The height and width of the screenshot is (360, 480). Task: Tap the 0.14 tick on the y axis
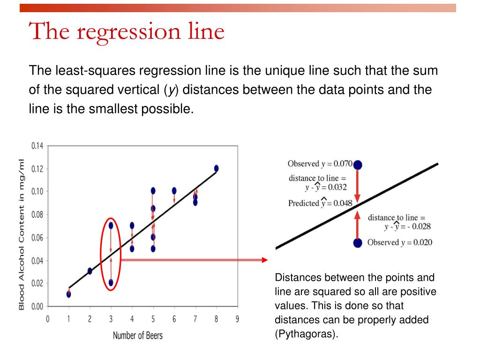pos(37,146)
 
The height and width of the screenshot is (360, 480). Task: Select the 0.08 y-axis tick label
pos(37,215)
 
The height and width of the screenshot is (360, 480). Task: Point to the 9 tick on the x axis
pos(237,319)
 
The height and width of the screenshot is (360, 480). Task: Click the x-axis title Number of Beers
pos(138,336)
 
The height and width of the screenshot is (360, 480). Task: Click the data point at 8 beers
pos(217,168)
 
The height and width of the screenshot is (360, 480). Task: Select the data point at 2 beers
pos(90,271)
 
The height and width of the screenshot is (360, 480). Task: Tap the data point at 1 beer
pos(68,294)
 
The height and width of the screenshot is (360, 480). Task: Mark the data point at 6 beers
pos(174,191)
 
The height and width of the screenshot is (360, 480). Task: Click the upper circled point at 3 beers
pos(111,225)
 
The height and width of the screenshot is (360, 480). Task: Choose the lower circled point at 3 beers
pos(111,283)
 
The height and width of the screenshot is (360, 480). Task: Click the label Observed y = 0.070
pos(320,164)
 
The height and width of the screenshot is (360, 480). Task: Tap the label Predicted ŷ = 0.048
pos(320,202)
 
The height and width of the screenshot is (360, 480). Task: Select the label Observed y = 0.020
pos(400,242)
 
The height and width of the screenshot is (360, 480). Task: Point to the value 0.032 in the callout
pos(337,187)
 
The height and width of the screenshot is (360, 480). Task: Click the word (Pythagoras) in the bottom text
pos(307,333)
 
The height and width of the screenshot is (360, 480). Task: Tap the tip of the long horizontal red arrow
pos(268,260)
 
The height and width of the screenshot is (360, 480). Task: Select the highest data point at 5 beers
pos(153,191)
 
